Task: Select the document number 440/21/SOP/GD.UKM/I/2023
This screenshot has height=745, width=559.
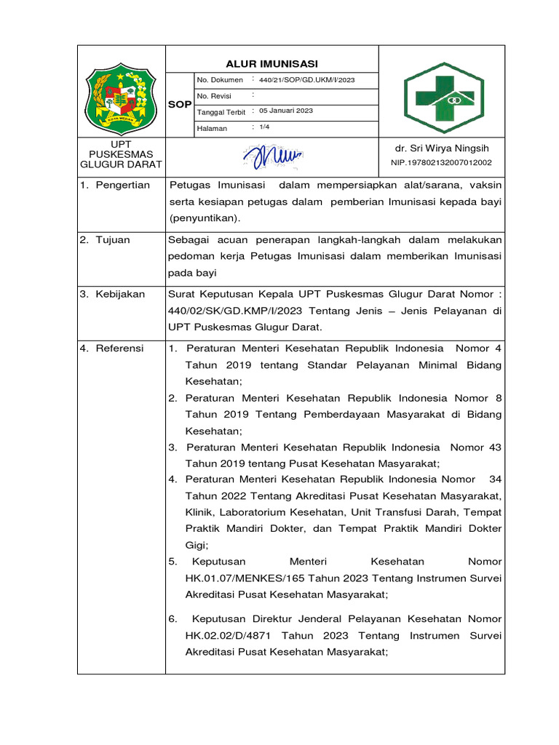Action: coord(312,79)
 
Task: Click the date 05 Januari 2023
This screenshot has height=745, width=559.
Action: coord(286,111)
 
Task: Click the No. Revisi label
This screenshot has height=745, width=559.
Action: coord(214,95)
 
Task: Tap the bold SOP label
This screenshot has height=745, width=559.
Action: coord(180,105)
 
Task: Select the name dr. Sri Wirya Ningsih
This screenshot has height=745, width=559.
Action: coord(442,148)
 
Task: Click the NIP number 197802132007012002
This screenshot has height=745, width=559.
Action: coord(441,163)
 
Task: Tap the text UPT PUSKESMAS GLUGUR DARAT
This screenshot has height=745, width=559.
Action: coord(122,154)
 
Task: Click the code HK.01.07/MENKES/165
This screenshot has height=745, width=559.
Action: coord(232,578)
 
